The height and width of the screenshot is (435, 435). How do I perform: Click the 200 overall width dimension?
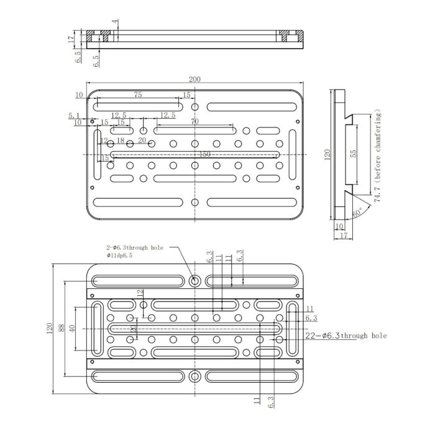click(195, 80)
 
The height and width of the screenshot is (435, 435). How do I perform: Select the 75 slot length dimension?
click(137, 94)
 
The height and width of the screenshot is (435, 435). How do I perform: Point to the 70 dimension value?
click(195, 122)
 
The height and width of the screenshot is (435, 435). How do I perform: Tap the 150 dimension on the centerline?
click(204, 154)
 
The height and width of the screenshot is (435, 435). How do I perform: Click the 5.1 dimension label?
click(73, 116)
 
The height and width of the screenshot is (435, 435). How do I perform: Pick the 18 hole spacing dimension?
click(121, 141)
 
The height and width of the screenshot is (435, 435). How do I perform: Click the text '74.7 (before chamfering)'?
click(377, 155)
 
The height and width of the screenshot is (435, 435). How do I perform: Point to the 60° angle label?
click(357, 212)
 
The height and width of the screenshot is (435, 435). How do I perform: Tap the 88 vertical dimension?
click(61, 327)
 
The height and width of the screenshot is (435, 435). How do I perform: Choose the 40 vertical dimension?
click(72, 327)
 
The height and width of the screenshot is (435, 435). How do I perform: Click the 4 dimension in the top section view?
click(114, 22)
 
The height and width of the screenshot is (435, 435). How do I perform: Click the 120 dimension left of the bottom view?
click(50, 327)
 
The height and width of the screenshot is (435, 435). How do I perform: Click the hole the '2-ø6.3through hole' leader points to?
click(195, 281)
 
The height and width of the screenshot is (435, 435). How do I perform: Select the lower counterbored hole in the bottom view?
click(195, 376)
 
